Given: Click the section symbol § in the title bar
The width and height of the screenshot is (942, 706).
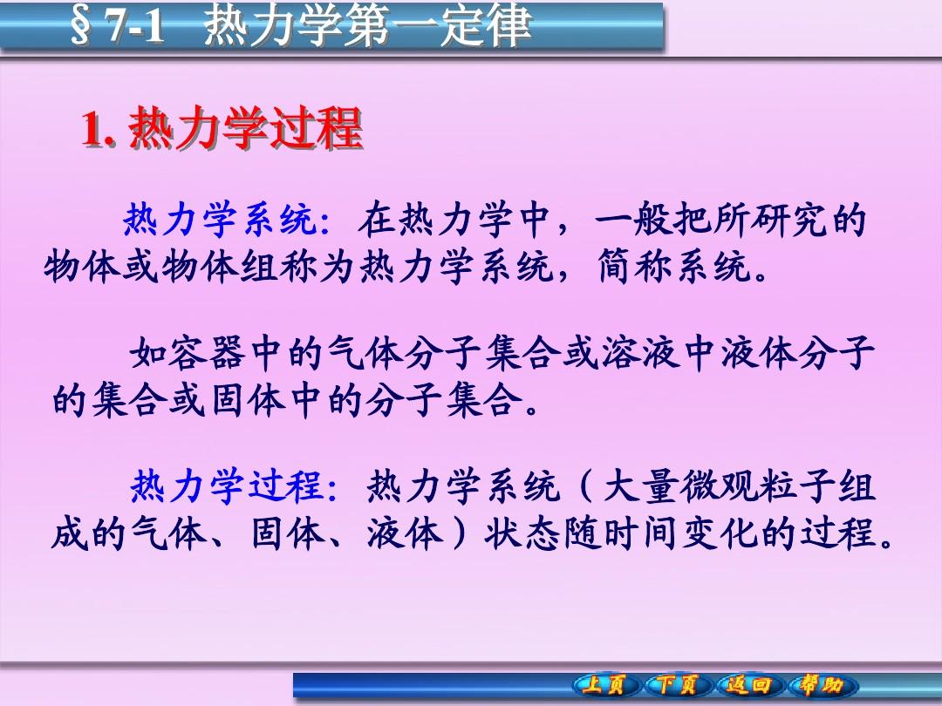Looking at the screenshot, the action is point(81,26).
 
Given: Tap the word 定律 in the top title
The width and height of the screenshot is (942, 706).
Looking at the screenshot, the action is point(486,25).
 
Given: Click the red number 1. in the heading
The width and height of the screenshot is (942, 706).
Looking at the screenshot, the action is point(99,128).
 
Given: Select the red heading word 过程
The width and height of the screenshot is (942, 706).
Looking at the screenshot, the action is point(317,127).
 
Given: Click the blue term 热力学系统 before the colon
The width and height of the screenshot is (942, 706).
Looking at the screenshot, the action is point(221,220).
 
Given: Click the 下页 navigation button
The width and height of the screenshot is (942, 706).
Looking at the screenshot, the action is point(678,685).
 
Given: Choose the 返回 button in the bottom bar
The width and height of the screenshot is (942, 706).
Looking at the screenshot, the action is point(748,685).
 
